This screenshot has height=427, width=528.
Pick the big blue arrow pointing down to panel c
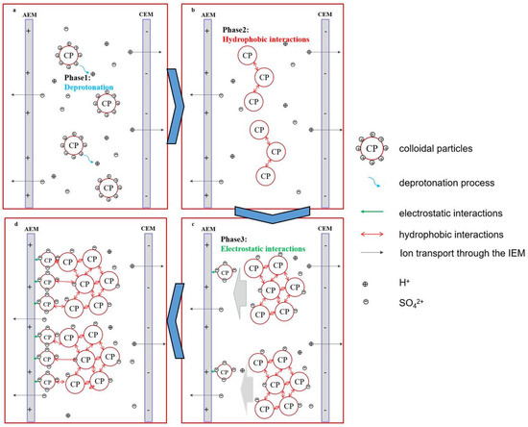pos(262,213)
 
